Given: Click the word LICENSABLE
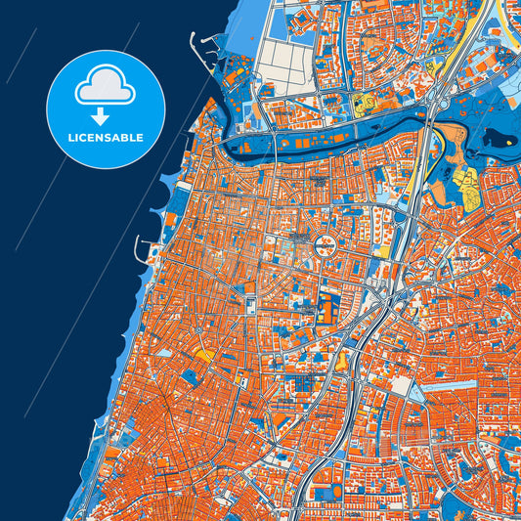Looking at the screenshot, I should tap(106, 138).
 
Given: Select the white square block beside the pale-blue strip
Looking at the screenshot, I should tap(400, 386).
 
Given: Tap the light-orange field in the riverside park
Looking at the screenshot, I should tap(451, 137).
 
